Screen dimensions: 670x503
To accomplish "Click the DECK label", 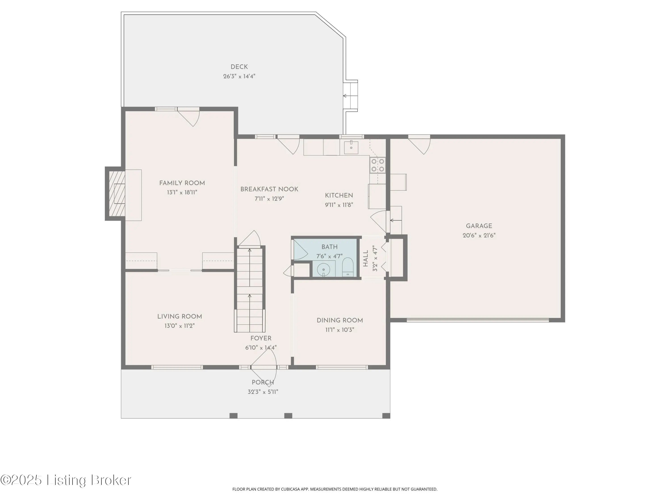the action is click(x=239, y=67).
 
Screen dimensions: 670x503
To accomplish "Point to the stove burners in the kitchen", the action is click(x=378, y=165).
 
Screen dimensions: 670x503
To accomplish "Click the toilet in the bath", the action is click(x=348, y=267).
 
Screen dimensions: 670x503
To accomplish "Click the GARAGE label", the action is click(x=479, y=226).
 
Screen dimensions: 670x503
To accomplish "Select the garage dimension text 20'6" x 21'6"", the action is click(x=479, y=235).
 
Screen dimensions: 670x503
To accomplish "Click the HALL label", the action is click(x=366, y=258).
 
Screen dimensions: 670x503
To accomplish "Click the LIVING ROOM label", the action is click(x=180, y=317).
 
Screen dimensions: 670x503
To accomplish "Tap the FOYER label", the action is click(x=261, y=338).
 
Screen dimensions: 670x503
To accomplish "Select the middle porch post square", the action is click(x=288, y=416).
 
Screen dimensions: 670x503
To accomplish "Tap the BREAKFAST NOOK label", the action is click(x=269, y=189).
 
